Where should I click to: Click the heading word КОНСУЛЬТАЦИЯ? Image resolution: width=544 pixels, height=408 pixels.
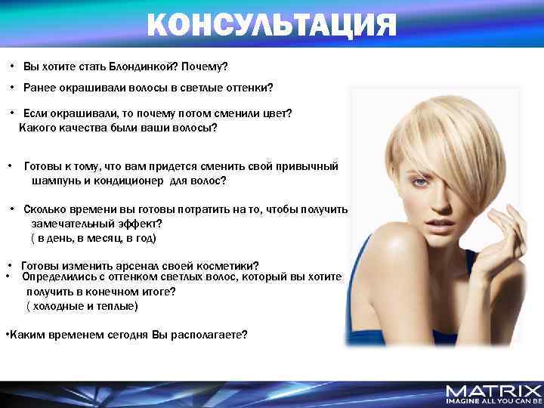(x=271, y=24)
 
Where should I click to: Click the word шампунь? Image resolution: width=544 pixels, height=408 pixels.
(x=55, y=181)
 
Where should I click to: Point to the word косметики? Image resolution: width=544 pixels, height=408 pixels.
(x=226, y=266)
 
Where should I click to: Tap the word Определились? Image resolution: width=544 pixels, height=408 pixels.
(x=56, y=277)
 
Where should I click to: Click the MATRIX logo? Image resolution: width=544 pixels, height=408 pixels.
(x=494, y=390)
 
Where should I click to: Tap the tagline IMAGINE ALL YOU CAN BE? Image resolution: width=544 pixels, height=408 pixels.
(x=494, y=401)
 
